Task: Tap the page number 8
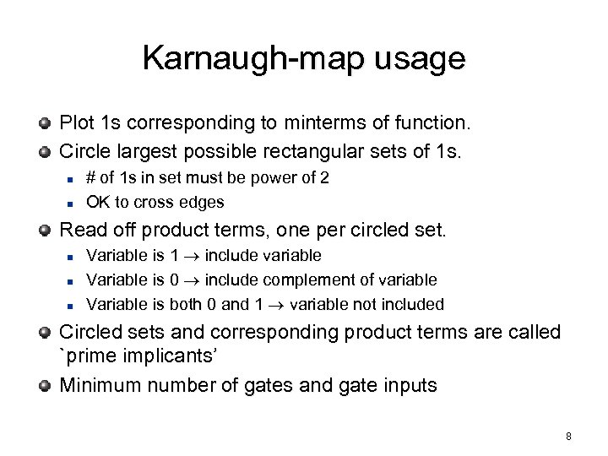point(569,437)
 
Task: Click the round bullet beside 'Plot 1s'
point(44,124)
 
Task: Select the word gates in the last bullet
point(287,387)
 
